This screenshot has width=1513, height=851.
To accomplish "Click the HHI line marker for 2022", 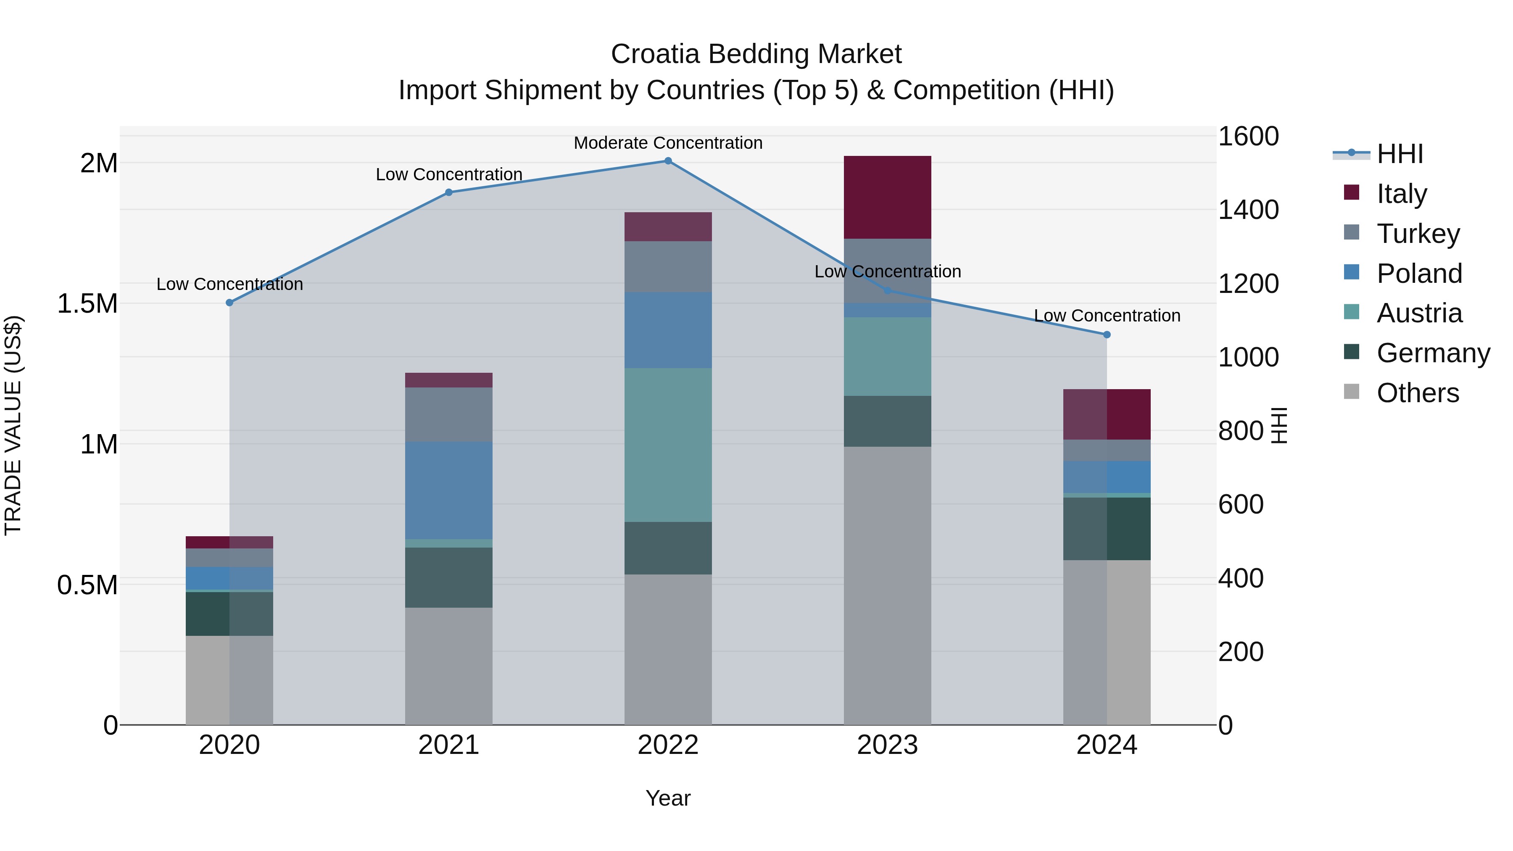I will [x=668, y=161].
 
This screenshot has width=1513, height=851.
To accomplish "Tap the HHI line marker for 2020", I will [x=229, y=303].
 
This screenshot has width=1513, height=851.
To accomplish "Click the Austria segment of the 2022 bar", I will [x=668, y=445].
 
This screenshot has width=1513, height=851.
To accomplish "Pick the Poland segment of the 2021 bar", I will [x=449, y=490].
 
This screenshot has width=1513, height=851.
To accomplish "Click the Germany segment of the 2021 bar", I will [x=449, y=577].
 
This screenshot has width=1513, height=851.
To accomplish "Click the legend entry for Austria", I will [x=1418, y=313].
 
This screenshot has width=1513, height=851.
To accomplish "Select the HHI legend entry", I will [x=1399, y=154].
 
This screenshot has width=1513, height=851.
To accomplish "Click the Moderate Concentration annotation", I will [x=668, y=143].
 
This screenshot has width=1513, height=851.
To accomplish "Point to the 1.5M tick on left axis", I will [x=87, y=304].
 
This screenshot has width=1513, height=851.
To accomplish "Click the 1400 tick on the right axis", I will [x=1248, y=210].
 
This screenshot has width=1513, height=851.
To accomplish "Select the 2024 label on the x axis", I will [x=1107, y=745].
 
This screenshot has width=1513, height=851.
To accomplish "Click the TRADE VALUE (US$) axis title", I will [x=13, y=425].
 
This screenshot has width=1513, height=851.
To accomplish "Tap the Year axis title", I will [x=668, y=798].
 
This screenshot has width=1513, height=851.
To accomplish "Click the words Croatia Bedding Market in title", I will [x=756, y=54].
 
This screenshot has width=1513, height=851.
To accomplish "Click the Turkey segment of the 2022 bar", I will [x=668, y=266].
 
